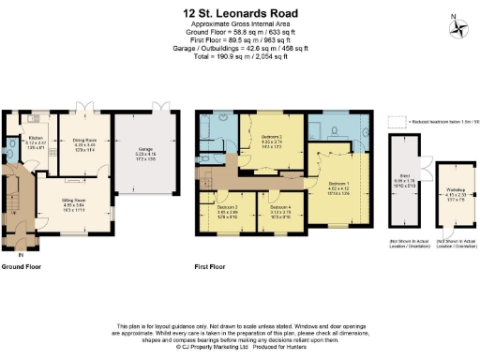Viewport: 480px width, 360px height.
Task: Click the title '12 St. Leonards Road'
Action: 240,14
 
